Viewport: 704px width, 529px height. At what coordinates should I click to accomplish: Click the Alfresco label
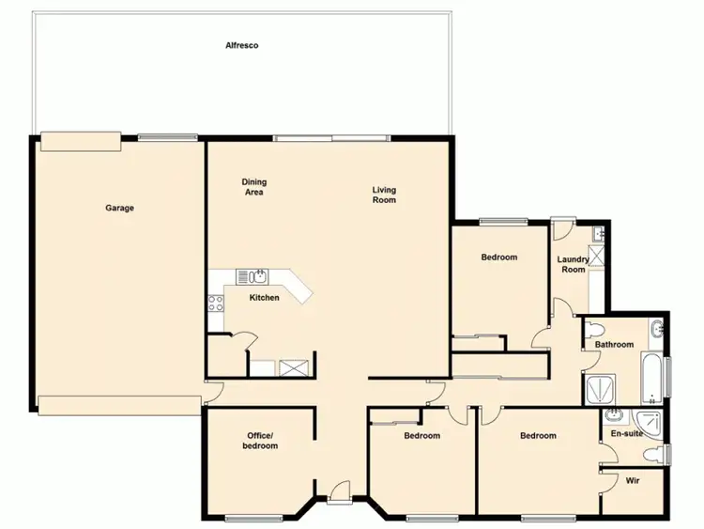point(241,45)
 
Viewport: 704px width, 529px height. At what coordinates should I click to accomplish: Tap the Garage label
point(119,208)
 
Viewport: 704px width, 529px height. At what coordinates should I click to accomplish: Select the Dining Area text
point(253,187)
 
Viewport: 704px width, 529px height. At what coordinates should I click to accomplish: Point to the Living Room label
point(384,194)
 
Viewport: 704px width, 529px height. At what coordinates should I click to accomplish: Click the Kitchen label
point(264,298)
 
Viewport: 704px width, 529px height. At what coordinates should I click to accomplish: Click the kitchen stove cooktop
point(214,303)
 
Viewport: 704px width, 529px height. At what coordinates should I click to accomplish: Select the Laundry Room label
point(573,264)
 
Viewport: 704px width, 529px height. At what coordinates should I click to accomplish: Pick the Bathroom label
point(615,345)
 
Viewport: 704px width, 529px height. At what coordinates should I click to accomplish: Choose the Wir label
point(633,480)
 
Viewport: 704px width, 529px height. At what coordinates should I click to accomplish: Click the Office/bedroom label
point(260,441)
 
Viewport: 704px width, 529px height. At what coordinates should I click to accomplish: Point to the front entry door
point(340,490)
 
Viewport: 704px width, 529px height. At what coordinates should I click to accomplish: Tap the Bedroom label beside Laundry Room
point(499,257)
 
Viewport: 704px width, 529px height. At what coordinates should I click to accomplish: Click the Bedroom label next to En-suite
point(538,435)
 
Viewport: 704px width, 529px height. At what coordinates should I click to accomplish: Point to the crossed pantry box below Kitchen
point(294,366)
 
